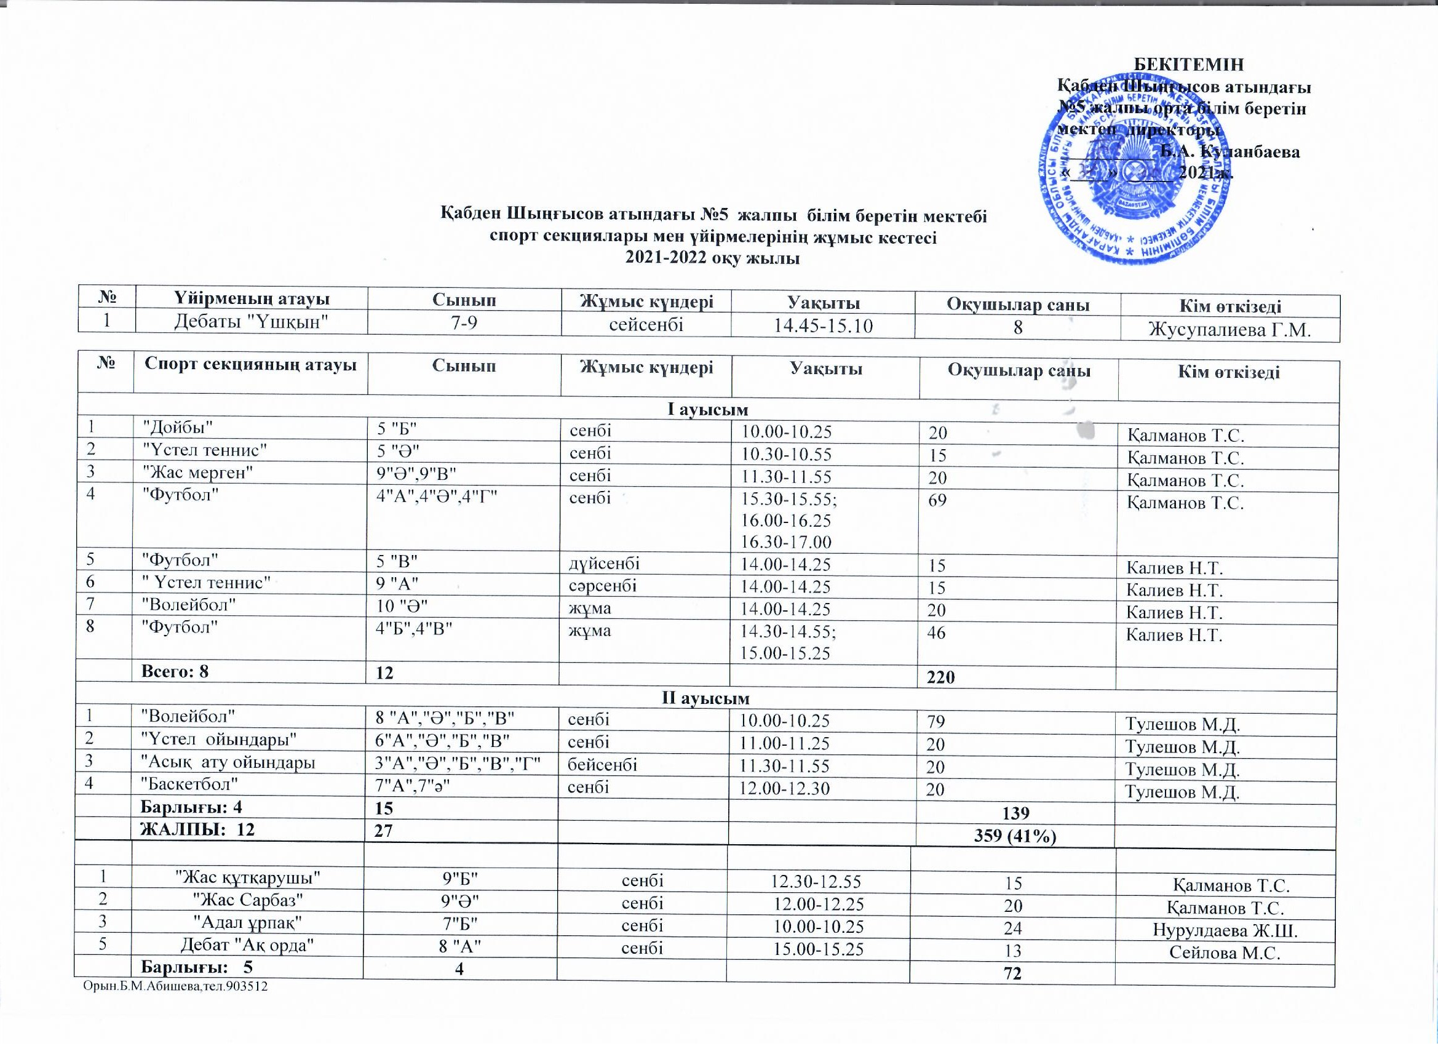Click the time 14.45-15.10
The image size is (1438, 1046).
[x=824, y=326]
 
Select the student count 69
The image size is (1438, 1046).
[x=938, y=500]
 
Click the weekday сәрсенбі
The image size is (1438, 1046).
[x=603, y=586]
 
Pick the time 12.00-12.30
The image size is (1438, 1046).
[x=785, y=788]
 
